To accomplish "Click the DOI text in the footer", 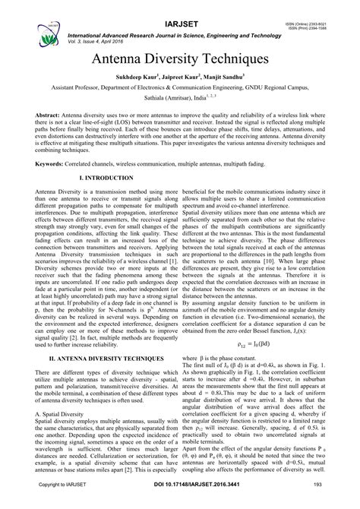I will coord(179,503).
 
